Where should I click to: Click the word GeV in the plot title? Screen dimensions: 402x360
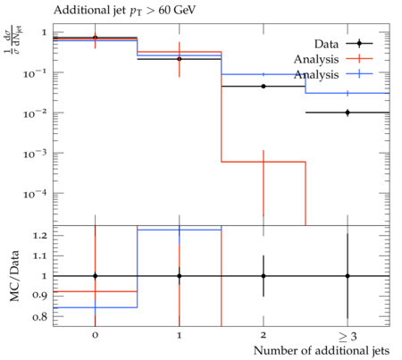tap(185, 11)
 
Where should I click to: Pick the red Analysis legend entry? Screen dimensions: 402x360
tap(333, 59)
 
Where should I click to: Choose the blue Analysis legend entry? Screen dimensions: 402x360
tap(333, 74)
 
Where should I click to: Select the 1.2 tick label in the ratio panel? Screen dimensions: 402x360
tap(40, 236)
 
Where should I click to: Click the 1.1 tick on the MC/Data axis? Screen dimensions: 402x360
tap(40, 255)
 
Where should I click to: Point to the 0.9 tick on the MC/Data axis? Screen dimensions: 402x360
tap(40, 295)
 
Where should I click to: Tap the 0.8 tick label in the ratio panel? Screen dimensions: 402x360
tap(40, 316)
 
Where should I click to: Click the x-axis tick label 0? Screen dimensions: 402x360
tap(95, 335)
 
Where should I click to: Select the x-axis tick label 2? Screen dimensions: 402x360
tap(264, 335)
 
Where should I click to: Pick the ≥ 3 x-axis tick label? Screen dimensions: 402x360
tap(348, 337)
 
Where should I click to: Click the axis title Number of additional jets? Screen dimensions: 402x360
tap(322, 351)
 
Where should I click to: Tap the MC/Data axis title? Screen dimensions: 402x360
tap(14, 276)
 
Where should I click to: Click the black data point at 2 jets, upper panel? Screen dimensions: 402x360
tap(264, 87)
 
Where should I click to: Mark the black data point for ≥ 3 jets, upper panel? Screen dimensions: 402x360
tap(348, 113)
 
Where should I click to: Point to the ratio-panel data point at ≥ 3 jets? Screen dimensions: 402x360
tap(348, 276)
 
